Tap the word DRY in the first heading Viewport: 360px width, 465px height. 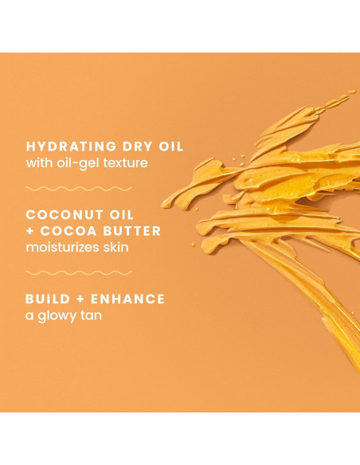131,147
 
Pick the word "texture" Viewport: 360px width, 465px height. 130,163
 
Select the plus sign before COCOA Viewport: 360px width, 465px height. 31,231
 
